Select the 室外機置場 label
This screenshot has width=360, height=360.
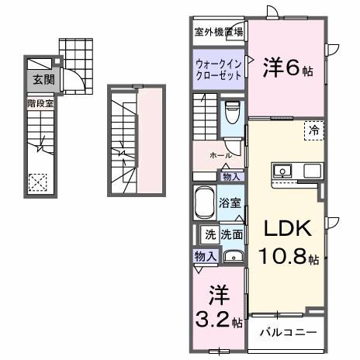click(218, 32)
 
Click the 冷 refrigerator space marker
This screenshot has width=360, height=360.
click(312, 130)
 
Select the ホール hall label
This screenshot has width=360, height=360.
click(218, 155)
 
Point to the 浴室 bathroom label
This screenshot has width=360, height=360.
click(230, 204)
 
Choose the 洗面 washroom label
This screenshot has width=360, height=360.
click(231, 234)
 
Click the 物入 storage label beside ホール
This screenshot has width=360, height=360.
click(230, 177)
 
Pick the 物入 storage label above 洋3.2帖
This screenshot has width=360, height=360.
click(204, 255)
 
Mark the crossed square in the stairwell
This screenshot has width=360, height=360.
click(37, 182)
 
